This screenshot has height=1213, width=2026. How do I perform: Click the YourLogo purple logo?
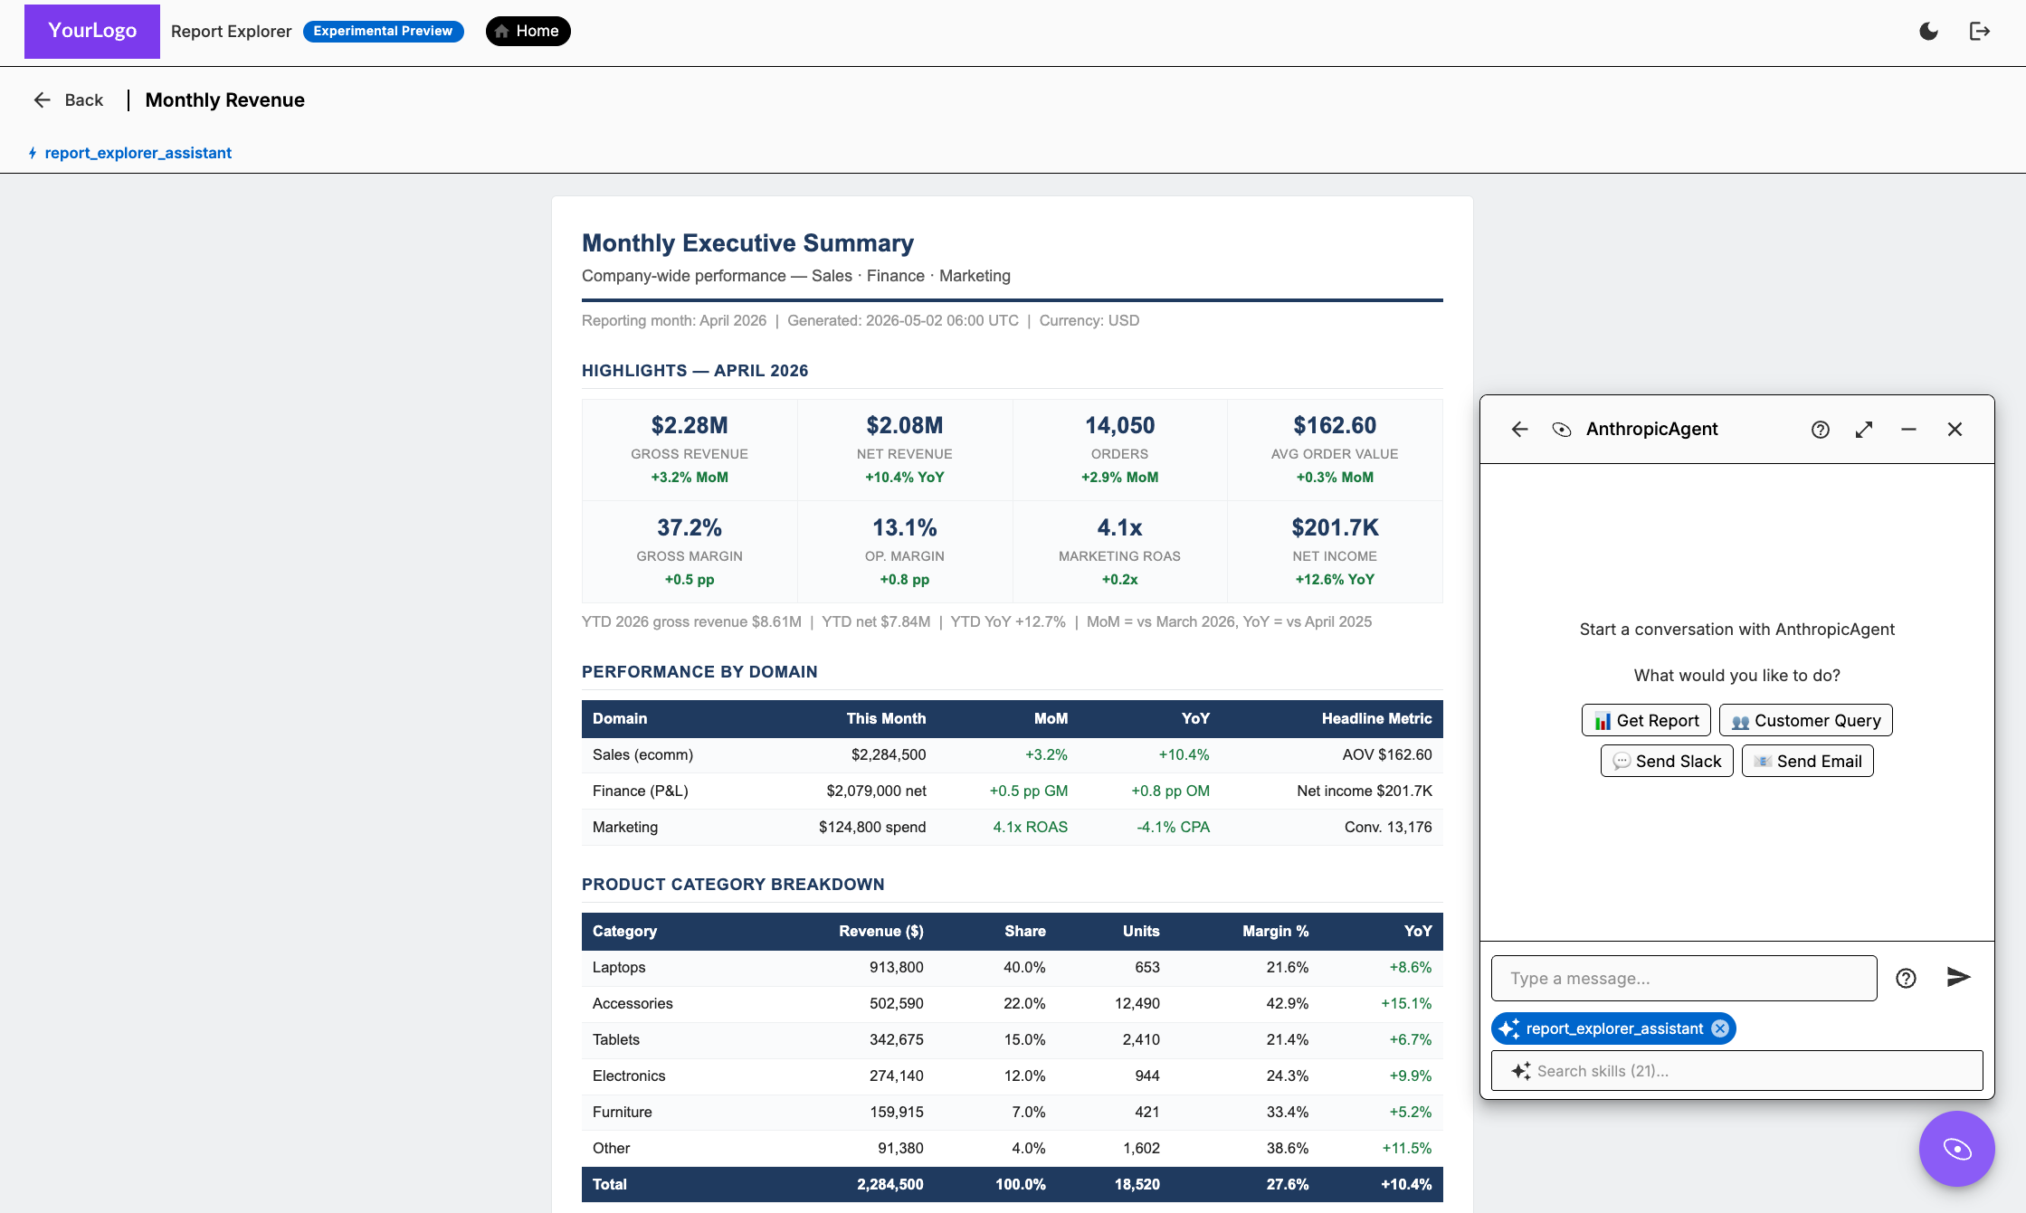[92, 31]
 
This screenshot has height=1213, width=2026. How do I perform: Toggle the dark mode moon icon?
[1928, 32]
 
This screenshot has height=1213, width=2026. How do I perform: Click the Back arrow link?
[68, 100]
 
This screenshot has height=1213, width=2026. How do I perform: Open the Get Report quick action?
[1646, 720]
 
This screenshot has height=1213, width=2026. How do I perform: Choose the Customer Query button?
[1805, 720]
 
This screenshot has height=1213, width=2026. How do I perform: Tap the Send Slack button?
[1667, 761]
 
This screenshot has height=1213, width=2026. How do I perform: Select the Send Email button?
[1807, 761]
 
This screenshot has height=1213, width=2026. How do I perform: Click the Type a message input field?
[1684, 978]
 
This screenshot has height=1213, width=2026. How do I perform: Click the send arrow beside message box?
[1958, 977]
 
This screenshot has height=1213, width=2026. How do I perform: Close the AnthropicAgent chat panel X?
[1955, 430]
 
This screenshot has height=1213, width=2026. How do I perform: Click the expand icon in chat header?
[1864, 430]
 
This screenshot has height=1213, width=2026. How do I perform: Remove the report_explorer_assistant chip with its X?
[1720, 1028]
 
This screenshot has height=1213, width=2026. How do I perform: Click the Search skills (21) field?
[1736, 1071]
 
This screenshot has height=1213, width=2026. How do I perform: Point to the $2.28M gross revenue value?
[690, 425]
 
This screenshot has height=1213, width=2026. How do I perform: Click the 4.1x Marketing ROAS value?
[1119, 527]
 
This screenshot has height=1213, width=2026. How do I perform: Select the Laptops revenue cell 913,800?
[896, 967]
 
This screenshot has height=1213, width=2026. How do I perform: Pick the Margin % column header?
[1275, 931]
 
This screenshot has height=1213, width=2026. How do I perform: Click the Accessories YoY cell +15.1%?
[1406, 1003]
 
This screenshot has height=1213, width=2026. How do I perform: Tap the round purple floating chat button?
[1956, 1149]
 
